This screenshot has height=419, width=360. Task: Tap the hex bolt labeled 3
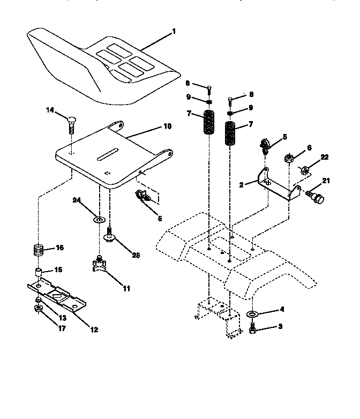[x=252, y=328]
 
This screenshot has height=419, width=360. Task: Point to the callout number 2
[x=242, y=184]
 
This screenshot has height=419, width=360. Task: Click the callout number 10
[x=167, y=126]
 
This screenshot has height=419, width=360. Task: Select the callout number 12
[x=94, y=330]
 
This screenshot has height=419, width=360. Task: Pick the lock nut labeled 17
[x=39, y=310]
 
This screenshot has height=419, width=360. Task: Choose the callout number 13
[x=62, y=318]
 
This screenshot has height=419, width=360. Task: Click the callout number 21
[x=326, y=181]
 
